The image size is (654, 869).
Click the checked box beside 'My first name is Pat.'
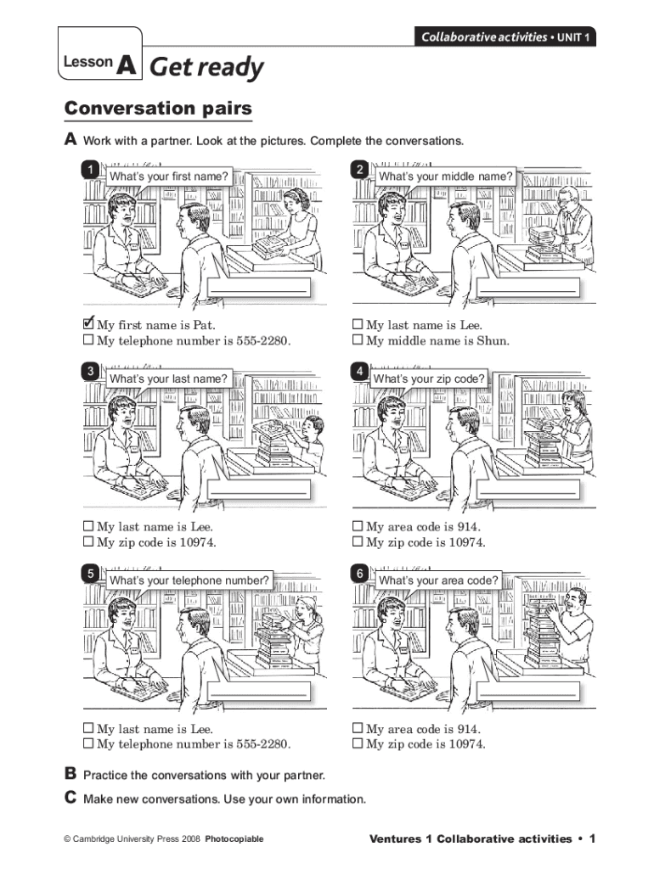point(88,323)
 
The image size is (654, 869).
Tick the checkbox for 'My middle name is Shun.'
point(358,339)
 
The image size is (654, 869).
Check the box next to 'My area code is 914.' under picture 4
point(358,525)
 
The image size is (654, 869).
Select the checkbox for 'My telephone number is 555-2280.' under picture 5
point(88,743)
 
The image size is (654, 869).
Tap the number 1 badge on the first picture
point(90,170)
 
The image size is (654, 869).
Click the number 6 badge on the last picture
point(359,574)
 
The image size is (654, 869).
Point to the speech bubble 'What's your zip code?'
point(429,378)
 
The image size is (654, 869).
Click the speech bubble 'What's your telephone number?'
point(189,580)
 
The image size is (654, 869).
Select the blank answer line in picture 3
point(258,493)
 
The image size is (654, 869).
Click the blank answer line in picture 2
point(527,290)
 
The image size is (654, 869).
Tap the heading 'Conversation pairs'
point(158,108)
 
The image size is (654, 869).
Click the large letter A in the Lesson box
point(127,64)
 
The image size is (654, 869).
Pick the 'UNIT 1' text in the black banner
point(573,37)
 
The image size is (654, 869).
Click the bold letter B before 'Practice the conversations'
point(70,772)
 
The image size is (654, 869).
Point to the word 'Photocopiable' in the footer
point(234,838)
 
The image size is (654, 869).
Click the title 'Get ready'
point(206,67)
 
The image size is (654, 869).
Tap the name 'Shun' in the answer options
point(492,340)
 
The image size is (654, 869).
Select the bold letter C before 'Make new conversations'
point(70,797)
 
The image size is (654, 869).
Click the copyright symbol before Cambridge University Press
point(67,839)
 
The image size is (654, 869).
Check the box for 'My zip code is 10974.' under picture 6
point(358,743)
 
